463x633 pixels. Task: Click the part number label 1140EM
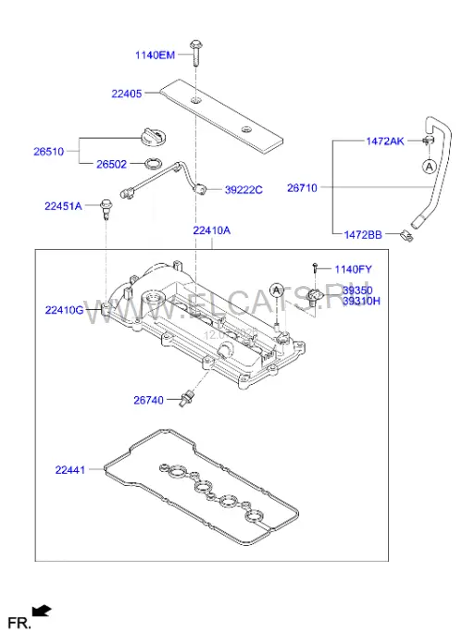[x=156, y=55]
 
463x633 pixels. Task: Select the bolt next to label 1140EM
[x=195, y=53]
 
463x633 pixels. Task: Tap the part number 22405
[x=127, y=93]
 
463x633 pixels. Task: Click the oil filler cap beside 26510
[x=153, y=136]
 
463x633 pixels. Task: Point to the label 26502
[x=111, y=164]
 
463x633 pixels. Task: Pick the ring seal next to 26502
[x=153, y=164]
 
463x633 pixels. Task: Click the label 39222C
[x=244, y=190]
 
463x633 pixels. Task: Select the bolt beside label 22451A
[x=106, y=209]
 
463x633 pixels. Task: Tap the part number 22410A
[x=211, y=230]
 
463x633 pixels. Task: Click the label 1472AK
[x=385, y=141]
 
